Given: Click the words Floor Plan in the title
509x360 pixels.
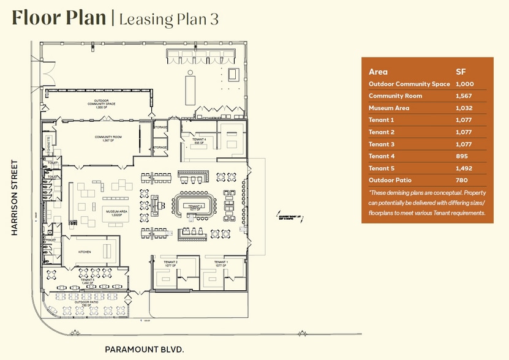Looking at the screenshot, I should [59, 18].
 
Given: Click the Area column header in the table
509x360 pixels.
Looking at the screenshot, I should [378, 72].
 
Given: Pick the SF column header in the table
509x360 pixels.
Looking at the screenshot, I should [461, 72].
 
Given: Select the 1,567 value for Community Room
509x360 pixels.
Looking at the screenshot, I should [464, 96].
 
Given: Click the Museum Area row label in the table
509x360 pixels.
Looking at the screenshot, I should [388, 108].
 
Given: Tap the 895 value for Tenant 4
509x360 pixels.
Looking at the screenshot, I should [461, 156].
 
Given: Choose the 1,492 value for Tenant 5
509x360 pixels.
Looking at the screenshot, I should [464, 168].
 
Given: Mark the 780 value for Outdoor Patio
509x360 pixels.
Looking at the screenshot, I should [461, 180].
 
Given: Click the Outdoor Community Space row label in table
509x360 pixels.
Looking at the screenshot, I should [409, 84].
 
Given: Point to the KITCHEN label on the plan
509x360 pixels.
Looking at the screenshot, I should [85, 252].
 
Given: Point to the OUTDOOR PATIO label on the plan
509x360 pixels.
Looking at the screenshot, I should [85, 301].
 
